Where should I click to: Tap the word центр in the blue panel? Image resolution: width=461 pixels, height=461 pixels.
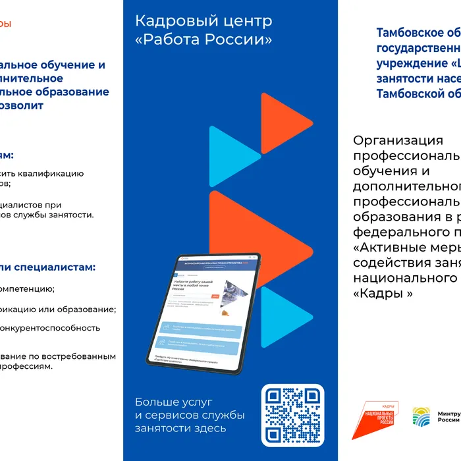[x=244, y=21]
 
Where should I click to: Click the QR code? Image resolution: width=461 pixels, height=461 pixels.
[x=293, y=414]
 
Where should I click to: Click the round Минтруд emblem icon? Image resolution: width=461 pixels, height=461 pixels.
[x=421, y=417]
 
